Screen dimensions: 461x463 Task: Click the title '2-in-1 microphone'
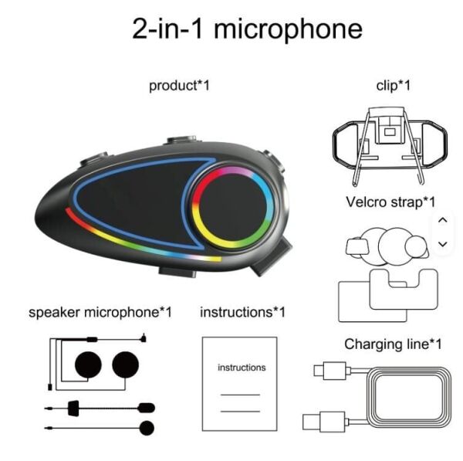click(x=247, y=29)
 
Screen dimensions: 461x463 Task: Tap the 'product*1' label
click(x=179, y=85)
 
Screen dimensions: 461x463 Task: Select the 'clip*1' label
click(x=393, y=85)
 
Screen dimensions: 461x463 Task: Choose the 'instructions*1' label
click(x=242, y=313)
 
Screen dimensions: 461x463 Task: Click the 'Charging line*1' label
click(x=393, y=344)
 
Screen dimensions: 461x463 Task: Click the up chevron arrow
click(x=442, y=220)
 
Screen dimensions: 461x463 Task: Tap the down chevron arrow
click(x=442, y=244)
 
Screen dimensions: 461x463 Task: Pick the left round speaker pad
click(x=86, y=364)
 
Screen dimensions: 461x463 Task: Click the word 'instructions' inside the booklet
click(x=241, y=368)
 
